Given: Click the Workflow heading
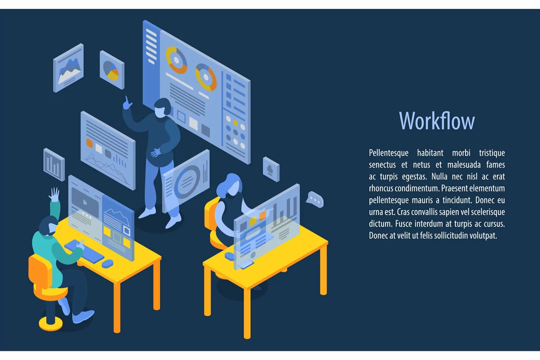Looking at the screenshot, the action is pyautogui.click(x=437, y=121).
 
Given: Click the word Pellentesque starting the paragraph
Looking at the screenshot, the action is pyautogui.click(x=389, y=153).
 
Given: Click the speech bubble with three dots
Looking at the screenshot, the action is pyautogui.click(x=315, y=199).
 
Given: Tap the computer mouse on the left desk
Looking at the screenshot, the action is pyautogui.click(x=107, y=264).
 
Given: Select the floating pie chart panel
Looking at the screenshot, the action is pyautogui.click(x=112, y=70).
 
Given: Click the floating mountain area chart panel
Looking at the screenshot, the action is pyautogui.click(x=68, y=68).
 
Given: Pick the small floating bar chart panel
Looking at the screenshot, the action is pyautogui.click(x=54, y=164).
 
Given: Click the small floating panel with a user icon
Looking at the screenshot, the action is pyautogui.click(x=271, y=169).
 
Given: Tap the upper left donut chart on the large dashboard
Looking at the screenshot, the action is pyautogui.click(x=176, y=60).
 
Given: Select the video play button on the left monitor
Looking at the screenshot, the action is pyautogui.click(x=85, y=202).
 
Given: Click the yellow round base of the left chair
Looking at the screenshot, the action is pyautogui.click(x=50, y=323).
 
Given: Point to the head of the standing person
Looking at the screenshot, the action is pyautogui.click(x=162, y=108).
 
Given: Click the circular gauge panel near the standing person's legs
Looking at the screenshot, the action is pyautogui.click(x=186, y=181).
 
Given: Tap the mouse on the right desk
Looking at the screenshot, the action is pyautogui.click(x=230, y=256).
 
